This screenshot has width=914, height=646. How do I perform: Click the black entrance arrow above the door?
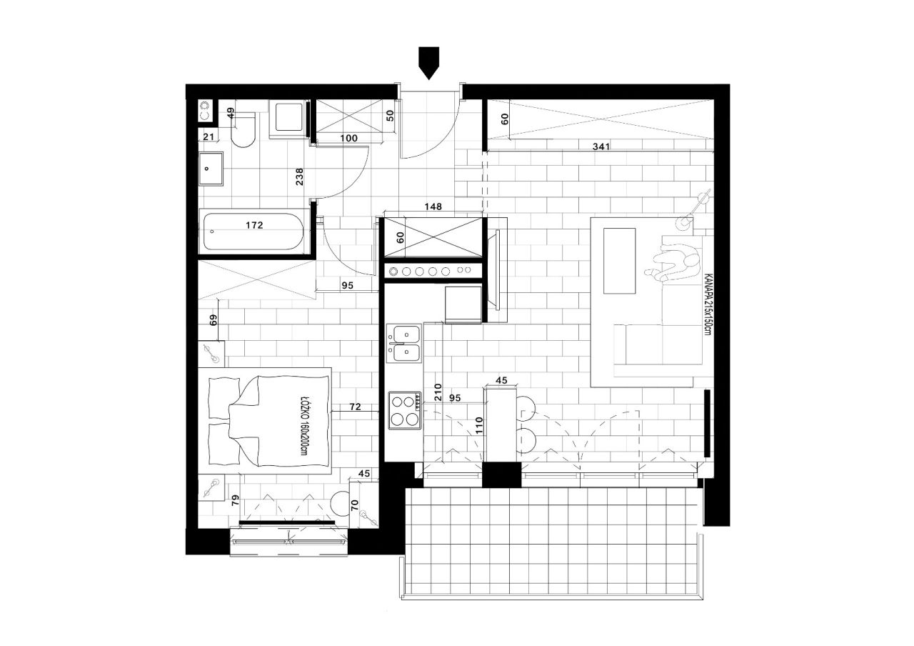[429, 63]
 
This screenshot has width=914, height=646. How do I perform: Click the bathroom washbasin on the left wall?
[211, 169]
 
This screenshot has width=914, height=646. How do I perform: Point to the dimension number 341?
[601, 146]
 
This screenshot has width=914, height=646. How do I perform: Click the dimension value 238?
[300, 177]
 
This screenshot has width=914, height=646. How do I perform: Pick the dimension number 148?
[433, 207]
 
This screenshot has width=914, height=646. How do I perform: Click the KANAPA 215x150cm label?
[707, 304]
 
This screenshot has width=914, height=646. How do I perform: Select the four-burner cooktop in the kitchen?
[405, 410]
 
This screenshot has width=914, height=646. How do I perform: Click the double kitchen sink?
[403, 344]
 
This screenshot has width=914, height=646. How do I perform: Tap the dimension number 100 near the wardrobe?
[349, 138]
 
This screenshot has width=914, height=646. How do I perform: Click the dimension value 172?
[254, 225]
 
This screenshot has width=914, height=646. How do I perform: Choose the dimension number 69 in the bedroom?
[213, 319]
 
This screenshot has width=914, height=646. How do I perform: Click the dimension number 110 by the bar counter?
[479, 425]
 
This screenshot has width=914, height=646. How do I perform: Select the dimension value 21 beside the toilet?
[209, 136]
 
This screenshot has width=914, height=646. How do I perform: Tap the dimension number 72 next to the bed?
[356, 407]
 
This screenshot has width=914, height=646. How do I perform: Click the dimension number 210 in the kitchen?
[438, 392]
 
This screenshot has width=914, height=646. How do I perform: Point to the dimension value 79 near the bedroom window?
[236, 501]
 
